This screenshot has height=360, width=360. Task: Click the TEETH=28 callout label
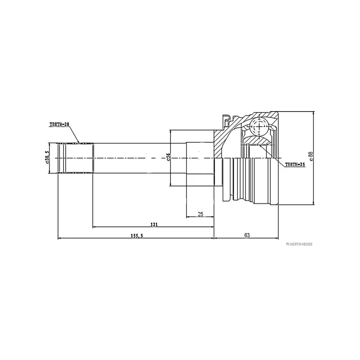[x=59, y=125]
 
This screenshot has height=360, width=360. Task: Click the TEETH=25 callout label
[x=295, y=165]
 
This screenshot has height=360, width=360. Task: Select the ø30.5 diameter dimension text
[x=47, y=157]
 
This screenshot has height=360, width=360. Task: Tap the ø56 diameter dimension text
[x=168, y=157]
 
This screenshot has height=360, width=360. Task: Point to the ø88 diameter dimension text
[x=311, y=156]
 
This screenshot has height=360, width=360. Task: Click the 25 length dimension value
[x=200, y=214]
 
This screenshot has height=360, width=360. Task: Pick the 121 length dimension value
[x=154, y=224]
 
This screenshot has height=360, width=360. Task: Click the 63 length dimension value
[x=247, y=235]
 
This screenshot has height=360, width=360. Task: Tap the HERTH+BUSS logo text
[x=299, y=244]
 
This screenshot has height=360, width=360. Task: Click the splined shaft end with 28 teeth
[x=76, y=158]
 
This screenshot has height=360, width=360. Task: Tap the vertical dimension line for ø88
[x=314, y=158]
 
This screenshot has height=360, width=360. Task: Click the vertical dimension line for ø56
[x=170, y=158]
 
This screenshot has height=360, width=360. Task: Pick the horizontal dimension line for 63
[x=246, y=238]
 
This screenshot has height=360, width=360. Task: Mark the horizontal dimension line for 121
[x=153, y=227]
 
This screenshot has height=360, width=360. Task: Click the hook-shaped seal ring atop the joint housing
[x=227, y=120]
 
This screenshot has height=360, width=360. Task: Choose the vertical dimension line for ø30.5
[x=49, y=158]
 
